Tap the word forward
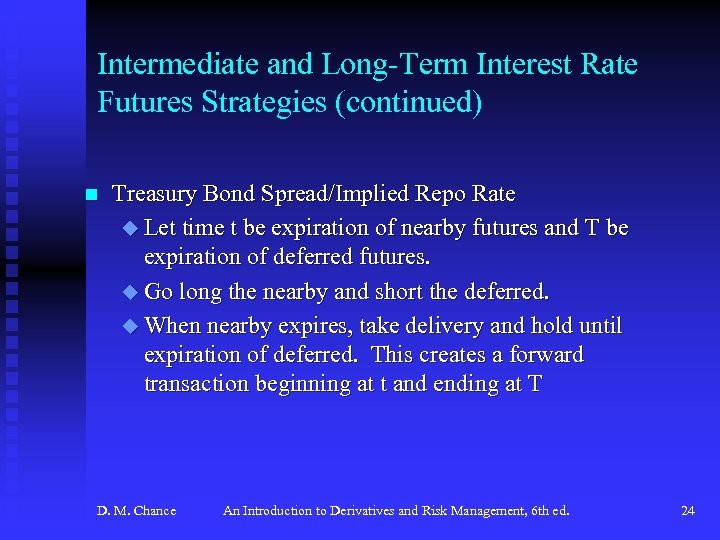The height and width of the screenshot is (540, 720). tap(546, 355)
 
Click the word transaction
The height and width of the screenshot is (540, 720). tap(192, 384)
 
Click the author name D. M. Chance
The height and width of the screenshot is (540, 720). tap(136, 511)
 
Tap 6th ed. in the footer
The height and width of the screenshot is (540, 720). tap(549, 511)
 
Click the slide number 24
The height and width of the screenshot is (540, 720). tap(687, 511)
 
